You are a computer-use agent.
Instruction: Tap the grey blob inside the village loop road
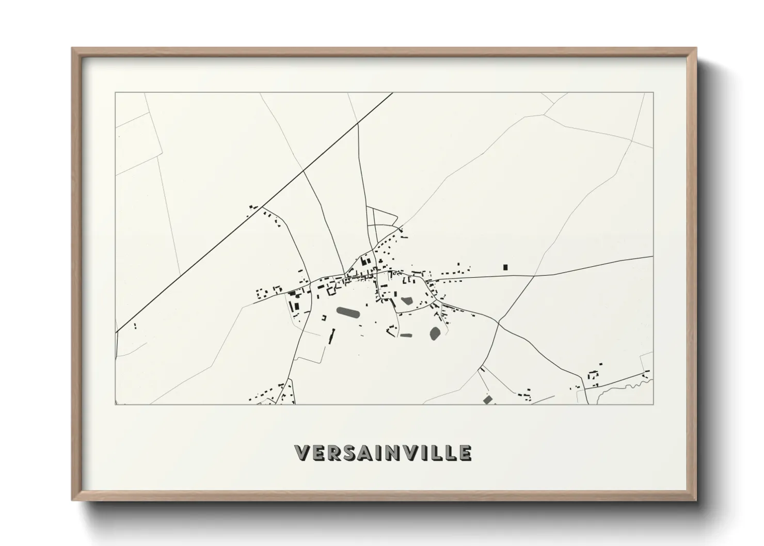[406, 300]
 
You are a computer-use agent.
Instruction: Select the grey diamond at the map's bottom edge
[487, 399]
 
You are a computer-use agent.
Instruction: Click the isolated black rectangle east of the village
[505, 267]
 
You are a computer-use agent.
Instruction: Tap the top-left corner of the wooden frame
[73, 49]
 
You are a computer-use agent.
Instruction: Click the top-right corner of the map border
[653, 93]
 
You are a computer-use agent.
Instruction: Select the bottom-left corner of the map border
[116, 404]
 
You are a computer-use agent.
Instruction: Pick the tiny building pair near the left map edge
[135, 326]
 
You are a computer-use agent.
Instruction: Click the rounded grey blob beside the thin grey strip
[435, 333]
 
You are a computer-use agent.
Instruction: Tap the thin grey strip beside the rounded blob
[406, 335]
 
